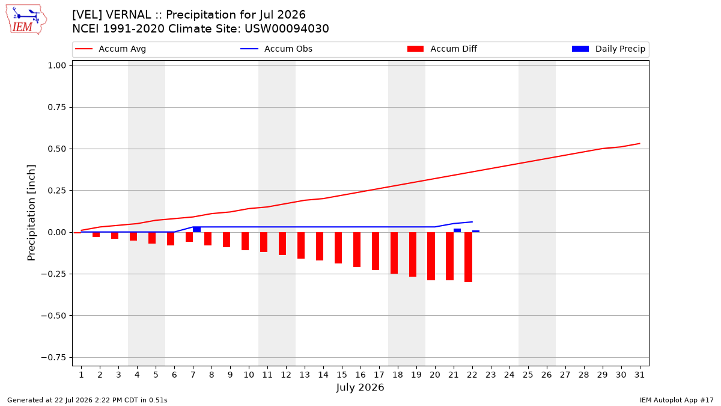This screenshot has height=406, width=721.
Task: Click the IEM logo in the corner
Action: click(26, 19)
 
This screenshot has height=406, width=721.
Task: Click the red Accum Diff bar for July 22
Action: click(468, 257)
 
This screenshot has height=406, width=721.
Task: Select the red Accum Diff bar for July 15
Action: click(338, 248)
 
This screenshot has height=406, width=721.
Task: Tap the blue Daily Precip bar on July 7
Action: click(196, 229)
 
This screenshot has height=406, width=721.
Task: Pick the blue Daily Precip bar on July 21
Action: click(457, 230)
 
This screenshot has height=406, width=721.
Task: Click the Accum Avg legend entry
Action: click(111, 49)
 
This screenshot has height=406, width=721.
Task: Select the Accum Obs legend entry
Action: click(276, 49)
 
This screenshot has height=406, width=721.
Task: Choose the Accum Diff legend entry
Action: click(442, 49)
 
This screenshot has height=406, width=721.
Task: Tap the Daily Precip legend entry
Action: click(609, 49)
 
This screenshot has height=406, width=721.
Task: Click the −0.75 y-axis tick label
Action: click(53, 357)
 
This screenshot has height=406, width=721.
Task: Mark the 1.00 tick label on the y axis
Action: click(56, 66)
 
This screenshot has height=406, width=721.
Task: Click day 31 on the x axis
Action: click(639, 375)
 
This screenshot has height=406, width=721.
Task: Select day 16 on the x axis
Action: click(360, 375)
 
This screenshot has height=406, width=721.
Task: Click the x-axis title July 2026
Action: click(360, 387)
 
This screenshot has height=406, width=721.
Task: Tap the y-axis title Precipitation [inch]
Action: click(31, 213)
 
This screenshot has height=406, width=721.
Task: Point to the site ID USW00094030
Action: click(287, 29)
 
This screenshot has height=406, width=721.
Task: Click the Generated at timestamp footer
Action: click(87, 400)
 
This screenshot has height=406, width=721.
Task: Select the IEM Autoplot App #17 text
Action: click(677, 400)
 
